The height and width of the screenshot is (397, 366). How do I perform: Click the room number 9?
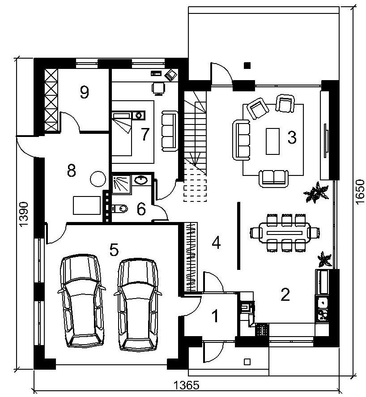tap(84, 92)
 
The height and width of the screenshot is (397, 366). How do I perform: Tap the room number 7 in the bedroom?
tap(145, 134)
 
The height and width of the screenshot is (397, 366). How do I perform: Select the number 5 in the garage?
tap(114, 250)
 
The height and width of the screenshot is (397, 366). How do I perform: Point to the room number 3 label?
tap(292, 137)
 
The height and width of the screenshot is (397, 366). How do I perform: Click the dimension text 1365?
tap(187, 386)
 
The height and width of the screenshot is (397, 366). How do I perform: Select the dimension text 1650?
tap(360, 192)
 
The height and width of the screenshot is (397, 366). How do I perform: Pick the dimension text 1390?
tap(23, 214)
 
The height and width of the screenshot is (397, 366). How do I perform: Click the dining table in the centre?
tap(285, 232)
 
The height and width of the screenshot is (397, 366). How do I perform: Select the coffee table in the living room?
tap(272, 141)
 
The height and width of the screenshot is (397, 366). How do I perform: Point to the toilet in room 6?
tap(120, 209)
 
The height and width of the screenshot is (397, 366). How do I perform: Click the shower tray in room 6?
tap(122, 184)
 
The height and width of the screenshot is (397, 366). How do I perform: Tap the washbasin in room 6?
tap(141, 180)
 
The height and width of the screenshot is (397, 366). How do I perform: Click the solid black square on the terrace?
tap(247, 66)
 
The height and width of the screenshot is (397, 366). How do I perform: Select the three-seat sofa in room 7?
tap(169, 131)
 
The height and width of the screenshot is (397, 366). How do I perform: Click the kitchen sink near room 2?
tap(322, 302)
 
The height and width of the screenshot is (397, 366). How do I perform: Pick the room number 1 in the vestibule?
tap(215, 316)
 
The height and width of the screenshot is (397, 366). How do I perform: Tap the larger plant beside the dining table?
tap(316, 192)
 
